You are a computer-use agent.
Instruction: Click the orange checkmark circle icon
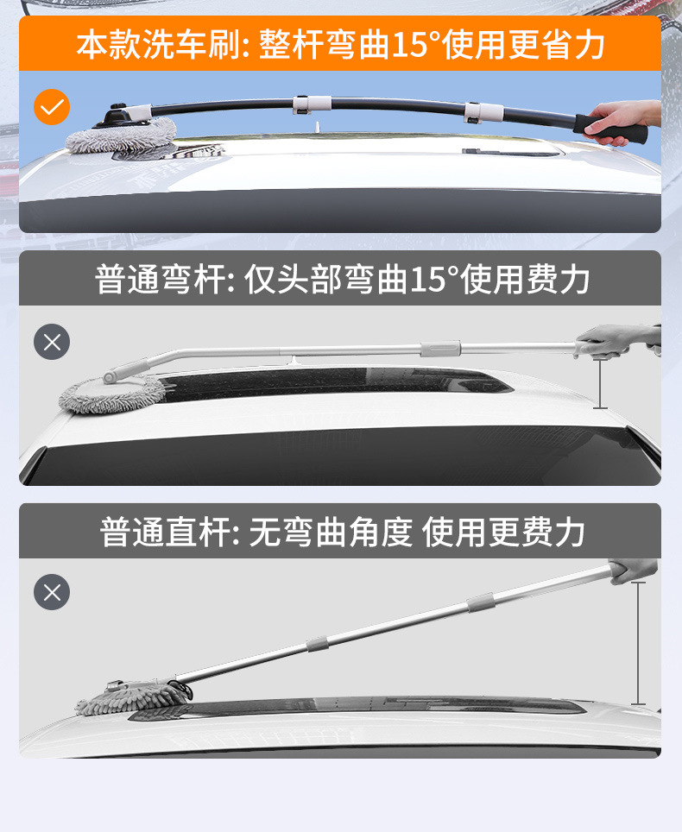52,107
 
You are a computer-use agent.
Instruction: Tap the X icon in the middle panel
52,343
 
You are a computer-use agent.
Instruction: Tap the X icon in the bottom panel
52,592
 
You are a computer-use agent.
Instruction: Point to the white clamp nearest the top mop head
306,104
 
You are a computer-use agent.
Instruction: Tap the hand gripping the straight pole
633,570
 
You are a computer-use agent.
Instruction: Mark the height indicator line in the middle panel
600,383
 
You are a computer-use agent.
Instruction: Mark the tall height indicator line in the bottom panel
638,643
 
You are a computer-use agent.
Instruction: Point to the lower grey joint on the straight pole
318,643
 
